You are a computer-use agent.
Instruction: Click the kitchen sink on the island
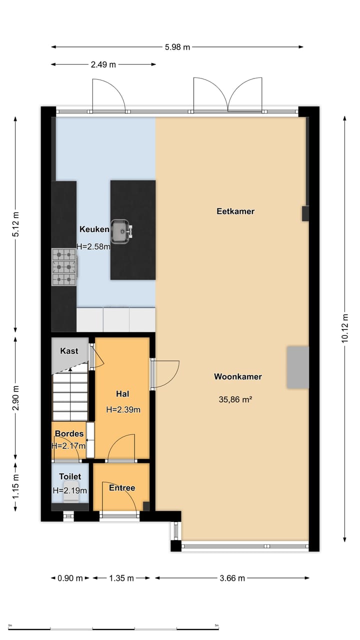click(x=121, y=231)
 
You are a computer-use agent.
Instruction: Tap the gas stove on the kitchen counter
click(x=64, y=267)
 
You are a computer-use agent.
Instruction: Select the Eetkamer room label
click(x=235, y=211)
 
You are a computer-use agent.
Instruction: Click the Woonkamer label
click(x=237, y=376)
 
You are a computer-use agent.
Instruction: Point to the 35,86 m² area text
click(x=235, y=399)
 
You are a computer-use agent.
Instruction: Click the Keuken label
click(x=94, y=229)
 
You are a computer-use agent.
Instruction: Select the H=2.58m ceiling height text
click(x=93, y=246)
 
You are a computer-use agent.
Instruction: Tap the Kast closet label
click(x=69, y=351)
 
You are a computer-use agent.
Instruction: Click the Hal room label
click(x=122, y=393)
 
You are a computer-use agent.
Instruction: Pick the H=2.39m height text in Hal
click(x=123, y=409)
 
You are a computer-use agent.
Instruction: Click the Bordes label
click(x=69, y=433)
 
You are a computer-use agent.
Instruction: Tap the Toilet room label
click(x=69, y=476)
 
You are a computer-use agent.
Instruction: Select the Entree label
click(x=122, y=487)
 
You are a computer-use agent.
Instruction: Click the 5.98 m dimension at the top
click(x=177, y=47)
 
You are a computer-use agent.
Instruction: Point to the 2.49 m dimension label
click(x=103, y=64)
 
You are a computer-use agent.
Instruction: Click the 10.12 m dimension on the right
click(x=345, y=327)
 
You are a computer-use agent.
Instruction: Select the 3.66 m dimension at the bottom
click(x=232, y=578)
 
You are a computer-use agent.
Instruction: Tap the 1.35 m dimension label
click(x=121, y=578)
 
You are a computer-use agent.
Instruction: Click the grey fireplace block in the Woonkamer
click(x=297, y=367)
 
